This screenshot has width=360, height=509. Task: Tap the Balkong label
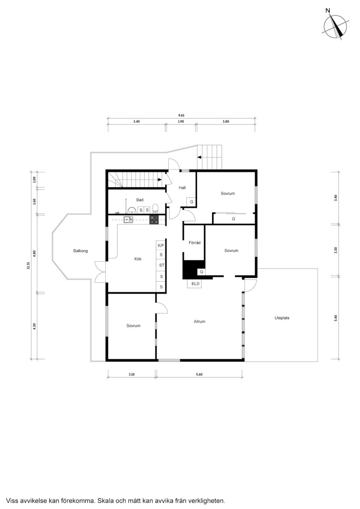click(x=80, y=251)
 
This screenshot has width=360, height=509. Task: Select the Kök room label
click(x=138, y=259)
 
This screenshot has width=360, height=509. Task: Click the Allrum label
click(x=199, y=322)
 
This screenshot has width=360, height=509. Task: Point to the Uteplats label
click(x=282, y=318)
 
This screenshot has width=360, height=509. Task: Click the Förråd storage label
click(x=194, y=243)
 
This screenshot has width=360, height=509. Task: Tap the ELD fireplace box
click(x=195, y=284)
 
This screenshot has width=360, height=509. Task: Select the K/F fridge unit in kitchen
click(x=161, y=246)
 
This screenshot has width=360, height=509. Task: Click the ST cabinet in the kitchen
click(x=161, y=265)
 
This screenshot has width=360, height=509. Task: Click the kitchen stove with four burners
click(x=154, y=220)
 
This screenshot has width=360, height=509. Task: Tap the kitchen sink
click(x=128, y=220)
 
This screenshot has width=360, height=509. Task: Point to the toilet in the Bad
click(x=156, y=208)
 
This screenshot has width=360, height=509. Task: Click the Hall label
click(x=182, y=188)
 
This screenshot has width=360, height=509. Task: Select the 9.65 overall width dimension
click(x=181, y=115)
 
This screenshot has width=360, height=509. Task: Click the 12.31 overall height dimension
click(x=28, y=266)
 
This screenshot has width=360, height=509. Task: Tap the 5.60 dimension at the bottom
click(x=199, y=374)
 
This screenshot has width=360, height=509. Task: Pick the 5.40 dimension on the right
click(x=336, y=318)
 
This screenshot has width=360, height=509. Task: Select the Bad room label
click(x=140, y=200)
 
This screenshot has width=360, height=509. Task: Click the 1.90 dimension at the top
click(x=181, y=122)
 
